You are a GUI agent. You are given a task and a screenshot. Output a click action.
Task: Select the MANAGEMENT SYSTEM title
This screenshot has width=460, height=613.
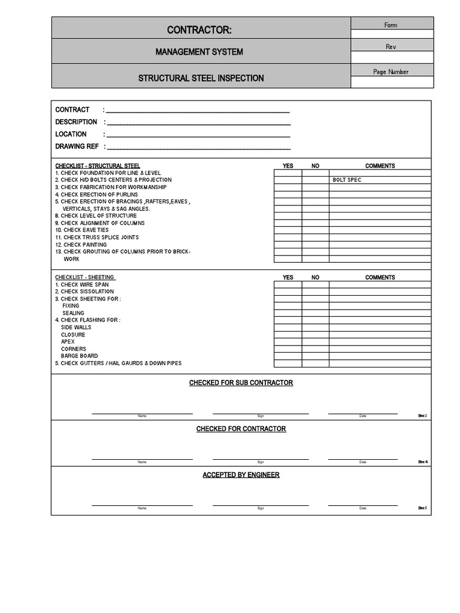pyautogui.click(x=199, y=52)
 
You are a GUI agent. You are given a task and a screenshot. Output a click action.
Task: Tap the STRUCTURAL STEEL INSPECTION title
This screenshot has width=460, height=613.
pyautogui.click(x=201, y=78)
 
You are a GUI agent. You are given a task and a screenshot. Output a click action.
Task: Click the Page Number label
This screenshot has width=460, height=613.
pyautogui.click(x=391, y=72)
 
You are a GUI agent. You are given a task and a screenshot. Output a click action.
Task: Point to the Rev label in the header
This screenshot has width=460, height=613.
pyautogui.click(x=391, y=47)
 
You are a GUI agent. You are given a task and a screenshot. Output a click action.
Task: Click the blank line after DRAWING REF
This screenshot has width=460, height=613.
pyautogui.click(x=198, y=147)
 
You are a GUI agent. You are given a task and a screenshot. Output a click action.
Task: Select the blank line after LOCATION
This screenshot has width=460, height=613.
pyautogui.click(x=198, y=135)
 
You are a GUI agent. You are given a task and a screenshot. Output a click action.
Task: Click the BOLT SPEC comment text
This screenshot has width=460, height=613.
pyautogui.click(x=347, y=180)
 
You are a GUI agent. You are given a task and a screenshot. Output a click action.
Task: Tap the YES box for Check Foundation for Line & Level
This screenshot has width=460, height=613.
pyautogui.click(x=287, y=173)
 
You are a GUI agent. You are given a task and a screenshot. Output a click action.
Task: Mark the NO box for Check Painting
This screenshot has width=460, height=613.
pyautogui.click(x=315, y=245)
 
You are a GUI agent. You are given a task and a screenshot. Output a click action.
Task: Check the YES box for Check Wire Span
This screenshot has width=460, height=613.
pyautogui.click(x=287, y=285)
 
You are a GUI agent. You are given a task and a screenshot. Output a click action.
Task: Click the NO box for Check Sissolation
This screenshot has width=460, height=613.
pyautogui.click(x=315, y=292)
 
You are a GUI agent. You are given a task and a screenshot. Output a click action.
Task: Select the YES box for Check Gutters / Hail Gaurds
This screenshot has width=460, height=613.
pyautogui.click(x=287, y=363)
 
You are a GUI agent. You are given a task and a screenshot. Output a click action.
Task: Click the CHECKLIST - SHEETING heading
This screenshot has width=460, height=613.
pyautogui.click(x=85, y=277)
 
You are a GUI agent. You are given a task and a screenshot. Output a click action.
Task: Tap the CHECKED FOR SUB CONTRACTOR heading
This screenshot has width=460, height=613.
pyautogui.click(x=241, y=383)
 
